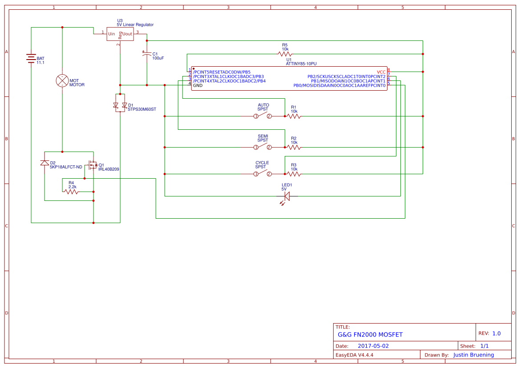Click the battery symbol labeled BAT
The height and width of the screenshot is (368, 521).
point(31,59)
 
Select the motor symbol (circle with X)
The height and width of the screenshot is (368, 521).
point(62,80)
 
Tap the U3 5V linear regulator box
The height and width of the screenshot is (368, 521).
point(120,34)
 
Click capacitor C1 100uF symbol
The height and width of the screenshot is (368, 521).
point(147,54)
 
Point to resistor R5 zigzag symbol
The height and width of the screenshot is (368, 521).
point(285,54)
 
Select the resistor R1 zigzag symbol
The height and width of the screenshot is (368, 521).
point(294,116)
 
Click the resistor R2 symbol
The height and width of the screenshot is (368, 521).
point(294,147)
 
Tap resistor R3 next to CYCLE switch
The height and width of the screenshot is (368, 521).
point(294,174)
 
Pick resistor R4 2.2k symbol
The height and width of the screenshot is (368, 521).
point(71,192)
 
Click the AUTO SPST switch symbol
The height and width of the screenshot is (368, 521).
point(263,116)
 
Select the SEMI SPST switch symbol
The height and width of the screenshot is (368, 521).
point(263,147)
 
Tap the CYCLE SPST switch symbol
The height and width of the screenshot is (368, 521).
point(263,174)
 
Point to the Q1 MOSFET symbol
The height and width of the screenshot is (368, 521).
point(93,165)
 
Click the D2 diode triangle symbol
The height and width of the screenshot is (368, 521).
point(44,163)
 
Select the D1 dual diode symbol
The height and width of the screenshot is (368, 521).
point(120,105)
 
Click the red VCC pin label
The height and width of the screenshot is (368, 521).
point(381,72)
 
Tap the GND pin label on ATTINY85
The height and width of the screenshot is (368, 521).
point(198,85)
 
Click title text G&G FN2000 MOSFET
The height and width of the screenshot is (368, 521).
point(370,335)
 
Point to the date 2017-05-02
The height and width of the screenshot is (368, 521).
point(373,346)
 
